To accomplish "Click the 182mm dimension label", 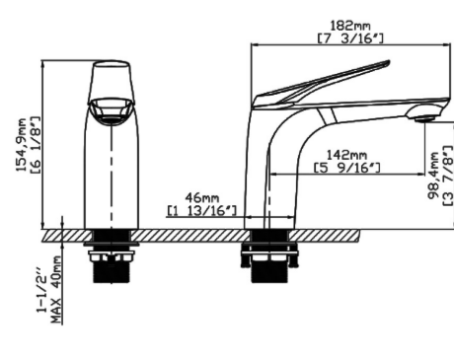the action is click(x=350, y=26).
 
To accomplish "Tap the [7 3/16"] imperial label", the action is click(x=350, y=38).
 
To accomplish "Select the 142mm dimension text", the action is click(x=346, y=155).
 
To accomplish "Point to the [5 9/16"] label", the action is click(x=347, y=168).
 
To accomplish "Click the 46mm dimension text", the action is click(x=202, y=198).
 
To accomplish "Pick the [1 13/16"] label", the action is click(x=201, y=210).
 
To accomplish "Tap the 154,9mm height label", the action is click(x=22, y=145).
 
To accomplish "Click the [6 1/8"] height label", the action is click(x=35, y=145).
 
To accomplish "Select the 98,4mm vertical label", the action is click(x=433, y=176).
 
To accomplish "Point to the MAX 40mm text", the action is click(x=56, y=289).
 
